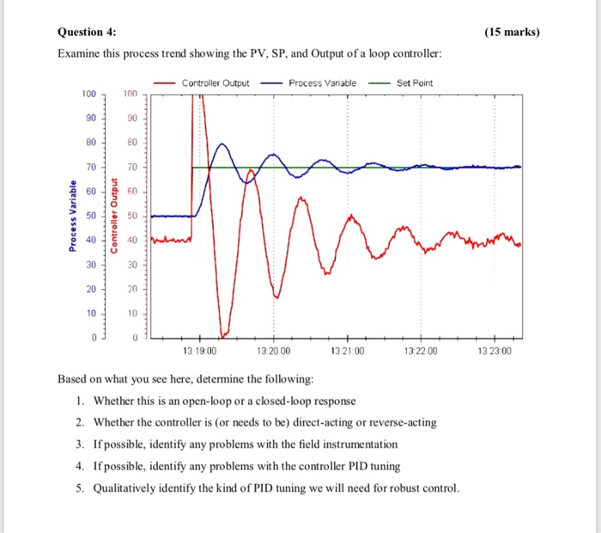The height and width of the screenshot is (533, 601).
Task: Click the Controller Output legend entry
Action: pos(216,83)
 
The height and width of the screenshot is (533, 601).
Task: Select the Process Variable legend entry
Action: pos(322,83)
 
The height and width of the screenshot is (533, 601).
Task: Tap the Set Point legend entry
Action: pos(416,83)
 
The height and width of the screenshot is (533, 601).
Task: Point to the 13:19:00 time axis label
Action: pos(199,351)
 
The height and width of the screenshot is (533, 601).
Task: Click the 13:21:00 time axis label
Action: pos(347,351)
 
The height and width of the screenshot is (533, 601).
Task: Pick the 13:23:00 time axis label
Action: pos(494,351)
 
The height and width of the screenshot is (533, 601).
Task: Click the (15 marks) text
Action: pos(513,33)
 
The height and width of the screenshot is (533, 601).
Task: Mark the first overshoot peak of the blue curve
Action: pos(221,143)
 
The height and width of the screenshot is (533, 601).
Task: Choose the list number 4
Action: pos(78,466)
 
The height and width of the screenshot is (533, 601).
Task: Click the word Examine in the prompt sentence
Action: pos(78,54)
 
